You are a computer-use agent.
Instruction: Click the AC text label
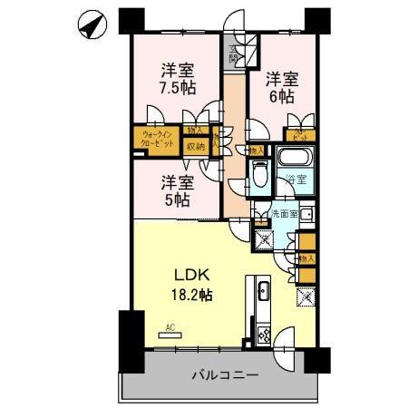pyautogui.click(x=170, y=326)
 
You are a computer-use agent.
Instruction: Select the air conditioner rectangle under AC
pyautogui.click(x=170, y=335)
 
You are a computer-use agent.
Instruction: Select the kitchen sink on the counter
pyautogui.click(x=262, y=293)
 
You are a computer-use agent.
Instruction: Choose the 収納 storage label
pyautogui.click(x=195, y=146)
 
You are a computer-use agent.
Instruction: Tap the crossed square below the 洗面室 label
pyautogui.click(x=265, y=240)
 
